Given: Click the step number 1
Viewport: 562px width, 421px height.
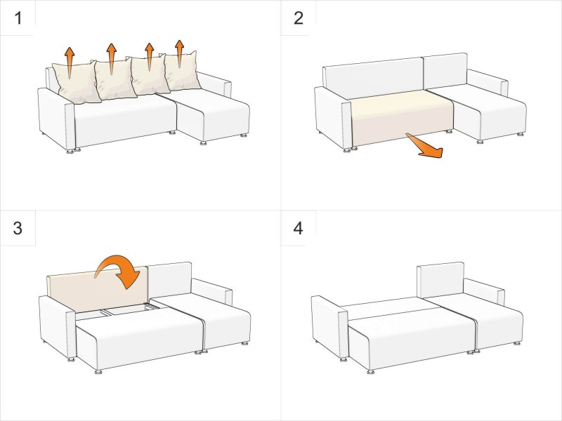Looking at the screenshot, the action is (x=18, y=18).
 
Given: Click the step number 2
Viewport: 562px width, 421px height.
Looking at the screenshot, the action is (x=298, y=18).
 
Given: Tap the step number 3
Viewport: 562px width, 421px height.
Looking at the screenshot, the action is (x=18, y=228).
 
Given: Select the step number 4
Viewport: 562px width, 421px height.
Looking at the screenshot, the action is (x=298, y=228).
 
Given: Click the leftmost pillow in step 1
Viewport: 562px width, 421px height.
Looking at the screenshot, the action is (x=76, y=82).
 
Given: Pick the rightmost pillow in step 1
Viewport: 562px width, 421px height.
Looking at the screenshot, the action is (x=182, y=71).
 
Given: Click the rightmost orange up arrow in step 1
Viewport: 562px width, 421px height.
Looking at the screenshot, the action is (x=180, y=54).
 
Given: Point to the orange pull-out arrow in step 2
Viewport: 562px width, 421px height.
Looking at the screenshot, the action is (x=426, y=146).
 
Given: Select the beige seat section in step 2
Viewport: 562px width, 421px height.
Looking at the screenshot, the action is (x=401, y=116).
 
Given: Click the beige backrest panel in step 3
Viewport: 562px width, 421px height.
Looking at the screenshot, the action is (x=97, y=288).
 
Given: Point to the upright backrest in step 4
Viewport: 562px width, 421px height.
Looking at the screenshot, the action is (x=440, y=280).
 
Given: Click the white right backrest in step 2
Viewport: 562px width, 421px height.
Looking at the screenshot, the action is (x=445, y=71).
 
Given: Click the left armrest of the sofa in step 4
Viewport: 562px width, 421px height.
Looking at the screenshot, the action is (x=329, y=326).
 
